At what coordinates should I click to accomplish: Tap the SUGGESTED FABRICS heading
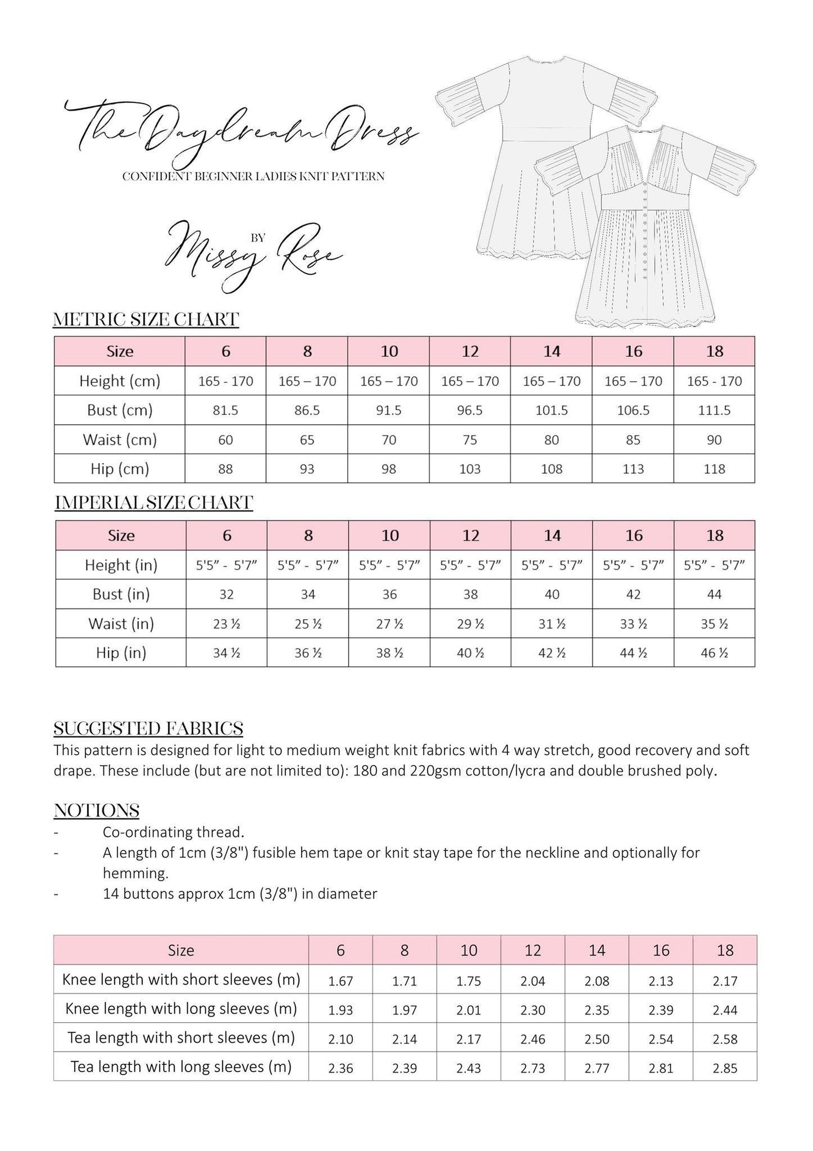pos(148,728)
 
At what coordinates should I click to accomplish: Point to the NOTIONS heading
pos(96,810)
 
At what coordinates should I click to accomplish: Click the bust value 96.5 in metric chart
pos(470,410)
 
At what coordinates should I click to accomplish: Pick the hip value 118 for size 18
pos(714,469)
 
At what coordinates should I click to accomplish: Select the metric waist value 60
pos(226,440)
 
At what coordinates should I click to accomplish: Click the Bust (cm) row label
pos(120,410)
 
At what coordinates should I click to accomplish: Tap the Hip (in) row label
pos(121,653)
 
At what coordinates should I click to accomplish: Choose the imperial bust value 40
pos(552,594)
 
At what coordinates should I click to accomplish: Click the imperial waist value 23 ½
pos(227,624)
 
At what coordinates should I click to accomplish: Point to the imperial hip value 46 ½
pos(715,653)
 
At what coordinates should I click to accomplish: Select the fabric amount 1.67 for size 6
pos(340,982)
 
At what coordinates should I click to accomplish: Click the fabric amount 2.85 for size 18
pos(725,1068)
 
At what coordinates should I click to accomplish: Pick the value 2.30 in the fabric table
pos(532,1010)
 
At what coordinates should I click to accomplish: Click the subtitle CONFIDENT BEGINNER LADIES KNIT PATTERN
pos(253,177)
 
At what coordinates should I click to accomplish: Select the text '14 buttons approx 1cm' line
pos(240,893)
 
